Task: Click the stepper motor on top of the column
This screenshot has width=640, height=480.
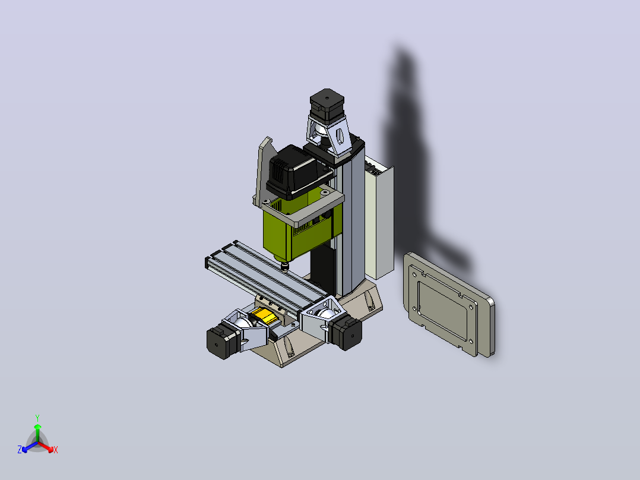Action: pos(327,105)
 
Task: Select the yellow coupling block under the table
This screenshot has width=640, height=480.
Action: pos(264,315)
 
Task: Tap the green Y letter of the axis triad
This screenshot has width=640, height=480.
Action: pos(37,418)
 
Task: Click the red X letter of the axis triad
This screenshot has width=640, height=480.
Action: pos(56,450)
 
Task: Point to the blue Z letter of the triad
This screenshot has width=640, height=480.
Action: pos(20,450)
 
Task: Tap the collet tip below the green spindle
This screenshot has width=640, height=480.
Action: pos(284,267)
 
